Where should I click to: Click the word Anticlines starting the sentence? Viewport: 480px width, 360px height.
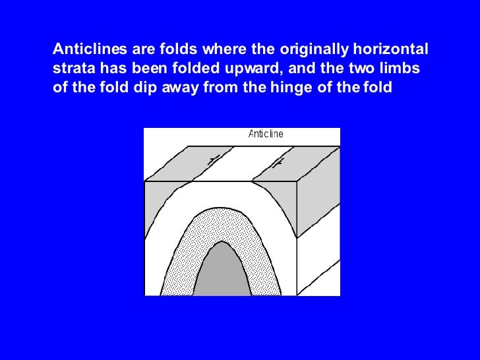click(84, 49)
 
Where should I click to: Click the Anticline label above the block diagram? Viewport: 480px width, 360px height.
click(266, 134)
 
